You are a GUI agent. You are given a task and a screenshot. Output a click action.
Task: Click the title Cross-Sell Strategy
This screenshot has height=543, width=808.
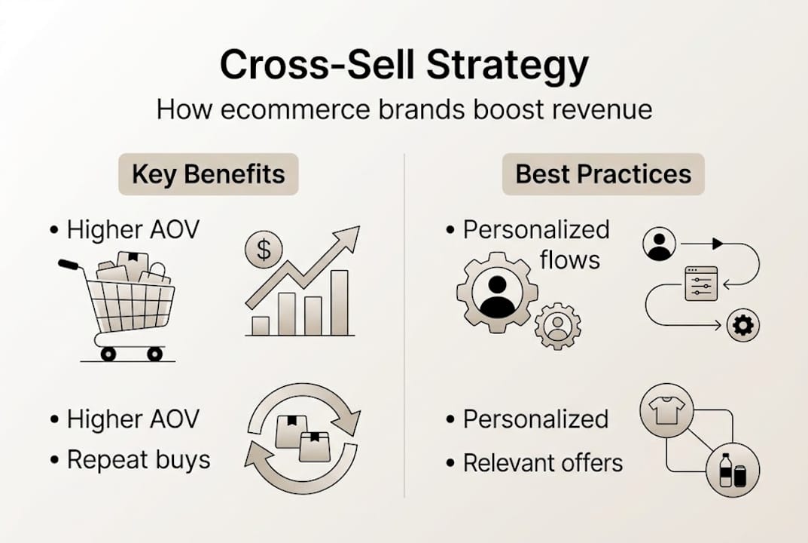click(404, 66)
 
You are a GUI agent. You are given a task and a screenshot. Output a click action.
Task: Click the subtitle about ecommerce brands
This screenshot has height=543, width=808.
click(404, 109)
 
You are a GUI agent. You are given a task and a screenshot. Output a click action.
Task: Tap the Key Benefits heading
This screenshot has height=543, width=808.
click(209, 174)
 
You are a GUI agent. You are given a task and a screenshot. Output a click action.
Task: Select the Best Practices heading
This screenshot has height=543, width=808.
click(603, 174)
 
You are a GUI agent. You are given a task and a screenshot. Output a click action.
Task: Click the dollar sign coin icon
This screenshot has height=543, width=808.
click(264, 250)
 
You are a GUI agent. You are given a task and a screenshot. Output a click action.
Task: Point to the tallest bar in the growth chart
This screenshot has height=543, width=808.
click(340, 302)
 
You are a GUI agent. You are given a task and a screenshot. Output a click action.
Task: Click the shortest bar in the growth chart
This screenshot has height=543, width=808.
click(261, 325)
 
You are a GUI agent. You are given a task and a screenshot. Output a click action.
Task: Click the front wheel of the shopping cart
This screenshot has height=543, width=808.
click(154, 353)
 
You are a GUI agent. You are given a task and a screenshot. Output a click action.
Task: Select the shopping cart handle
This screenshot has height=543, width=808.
click(69, 265)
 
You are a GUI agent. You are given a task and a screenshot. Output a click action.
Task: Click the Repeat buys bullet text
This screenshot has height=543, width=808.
click(139, 459)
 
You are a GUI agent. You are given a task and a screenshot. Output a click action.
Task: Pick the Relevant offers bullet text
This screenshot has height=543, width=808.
click(543, 462)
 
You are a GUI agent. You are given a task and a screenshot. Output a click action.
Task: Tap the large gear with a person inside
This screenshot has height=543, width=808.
click(496, 294)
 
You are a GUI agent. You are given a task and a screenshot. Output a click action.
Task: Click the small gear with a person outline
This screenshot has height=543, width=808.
click(557, 326)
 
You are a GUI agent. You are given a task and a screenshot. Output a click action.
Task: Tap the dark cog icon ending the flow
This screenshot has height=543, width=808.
click(743, 325)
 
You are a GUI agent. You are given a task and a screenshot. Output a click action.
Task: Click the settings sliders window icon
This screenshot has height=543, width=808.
click(701, 284)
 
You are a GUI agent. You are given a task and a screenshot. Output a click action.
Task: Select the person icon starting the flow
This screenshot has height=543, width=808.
click(660, 244)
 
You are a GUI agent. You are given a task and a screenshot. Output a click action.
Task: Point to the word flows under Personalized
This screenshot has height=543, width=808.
click(570, 260)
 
